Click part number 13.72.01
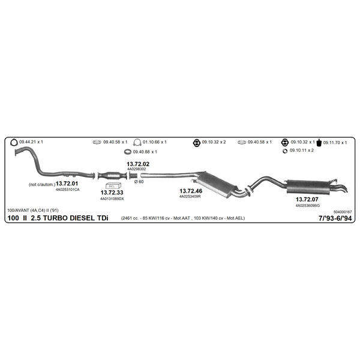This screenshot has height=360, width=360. point(67,184)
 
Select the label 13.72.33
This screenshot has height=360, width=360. point(112,193)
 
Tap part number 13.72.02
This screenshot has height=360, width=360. point(138,164)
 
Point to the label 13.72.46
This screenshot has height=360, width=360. point(191,191)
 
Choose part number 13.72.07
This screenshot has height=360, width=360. point(307,199)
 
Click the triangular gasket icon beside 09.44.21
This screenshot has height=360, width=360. point(14,142)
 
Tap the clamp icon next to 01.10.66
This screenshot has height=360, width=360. point(137,142)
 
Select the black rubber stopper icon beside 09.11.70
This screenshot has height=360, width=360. point(319,143)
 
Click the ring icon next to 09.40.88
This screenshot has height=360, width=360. point(128,152)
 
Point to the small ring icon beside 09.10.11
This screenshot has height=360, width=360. point(285,151)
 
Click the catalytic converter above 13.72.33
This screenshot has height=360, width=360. point(112,176)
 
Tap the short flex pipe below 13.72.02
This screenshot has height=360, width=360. point(133,176)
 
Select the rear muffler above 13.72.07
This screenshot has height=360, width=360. point(308,187)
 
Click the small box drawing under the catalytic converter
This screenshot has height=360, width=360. point(113,186)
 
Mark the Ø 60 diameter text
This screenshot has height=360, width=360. point(139,182)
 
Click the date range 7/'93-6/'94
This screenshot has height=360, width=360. point(335,218)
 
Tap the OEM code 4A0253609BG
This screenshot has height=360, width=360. point(307,205)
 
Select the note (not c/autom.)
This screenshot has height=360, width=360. point(42,184)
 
